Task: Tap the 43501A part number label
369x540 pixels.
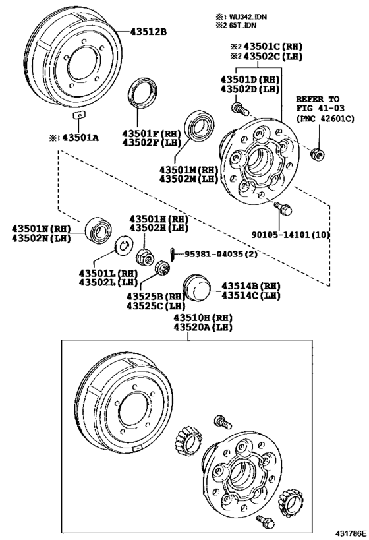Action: tap(75, 137)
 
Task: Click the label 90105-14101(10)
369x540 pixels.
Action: tap(289, 233)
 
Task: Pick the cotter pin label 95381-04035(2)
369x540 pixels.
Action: tap(219, 253)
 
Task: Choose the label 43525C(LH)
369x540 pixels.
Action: tap(156, 306)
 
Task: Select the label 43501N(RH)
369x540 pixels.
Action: tap(41, 228)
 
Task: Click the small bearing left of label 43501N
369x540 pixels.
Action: tap(102, 227)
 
